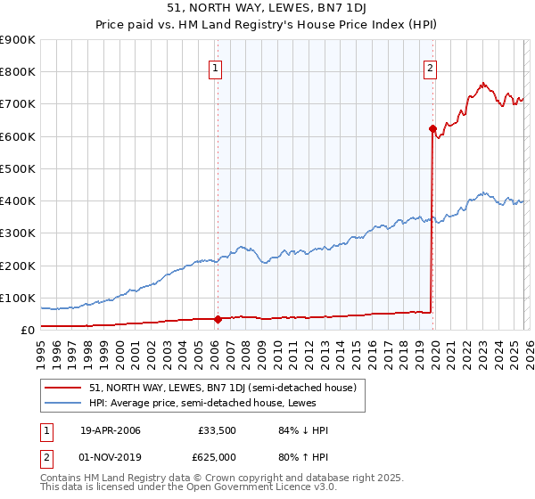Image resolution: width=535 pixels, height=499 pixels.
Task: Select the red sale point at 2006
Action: (218, 319)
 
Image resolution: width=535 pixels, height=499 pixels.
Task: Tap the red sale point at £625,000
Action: (432, 128)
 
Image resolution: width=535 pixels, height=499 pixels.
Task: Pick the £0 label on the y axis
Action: (27, 330)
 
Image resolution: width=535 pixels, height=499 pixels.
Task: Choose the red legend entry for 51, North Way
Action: (223, 388)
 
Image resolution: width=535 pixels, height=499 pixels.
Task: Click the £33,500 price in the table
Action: (217, 430)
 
